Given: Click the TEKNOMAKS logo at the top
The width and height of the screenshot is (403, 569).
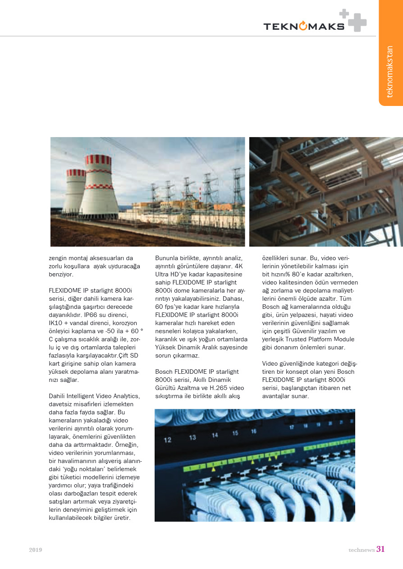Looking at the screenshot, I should tap(304, 26).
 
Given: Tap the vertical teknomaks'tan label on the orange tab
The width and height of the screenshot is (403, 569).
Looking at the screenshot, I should tap(390, 72).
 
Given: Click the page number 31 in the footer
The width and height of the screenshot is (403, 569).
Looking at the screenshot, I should tap(380, 549).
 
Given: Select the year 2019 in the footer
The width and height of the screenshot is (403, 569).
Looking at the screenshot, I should tap(36, 550).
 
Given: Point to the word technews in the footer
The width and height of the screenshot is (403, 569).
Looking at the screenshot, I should tap(362, 550).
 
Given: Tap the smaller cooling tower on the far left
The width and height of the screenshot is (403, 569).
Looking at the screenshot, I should tap(74, 192).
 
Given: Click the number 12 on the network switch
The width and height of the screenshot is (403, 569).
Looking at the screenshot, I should tap(168, 440).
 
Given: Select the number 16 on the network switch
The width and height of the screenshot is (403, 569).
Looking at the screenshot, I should tap(254, 431).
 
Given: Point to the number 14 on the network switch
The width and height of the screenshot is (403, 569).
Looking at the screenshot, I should tap(215, 435).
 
